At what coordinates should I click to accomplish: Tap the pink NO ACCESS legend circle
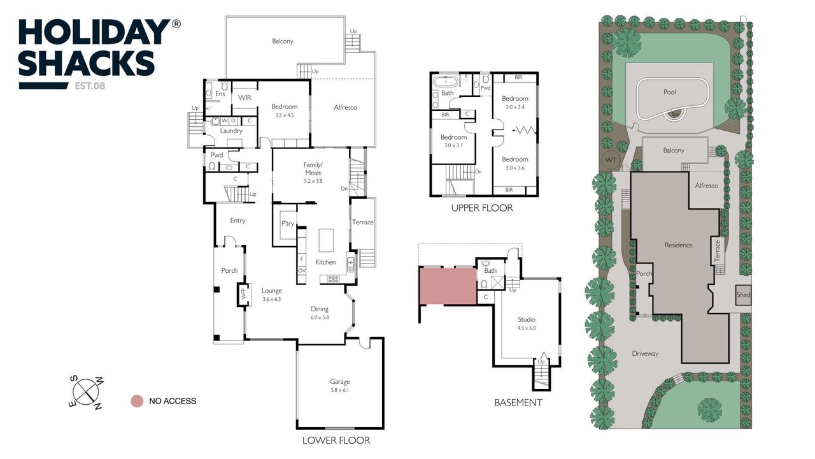(x=137, y=401)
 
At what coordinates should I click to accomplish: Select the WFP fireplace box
(x=243, y=295)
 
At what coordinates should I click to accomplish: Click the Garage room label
(x=340, y=381)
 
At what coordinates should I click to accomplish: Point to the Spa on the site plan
(x=675, y=114)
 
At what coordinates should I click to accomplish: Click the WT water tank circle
(x=611, y=160)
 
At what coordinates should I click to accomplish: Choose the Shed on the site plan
(x=743, y=295)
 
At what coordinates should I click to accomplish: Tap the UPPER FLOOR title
(x=482, y=208)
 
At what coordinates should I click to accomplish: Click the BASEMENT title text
(x=518, y=402)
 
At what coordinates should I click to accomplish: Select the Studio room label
(x=527, y=319)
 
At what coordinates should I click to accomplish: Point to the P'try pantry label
(x=287, y=223)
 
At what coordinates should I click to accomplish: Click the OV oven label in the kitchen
(x=302, y=271)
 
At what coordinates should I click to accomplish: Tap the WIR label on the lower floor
(x=244, y=98)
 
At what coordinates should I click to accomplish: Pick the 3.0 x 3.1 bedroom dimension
(x=453, y=145)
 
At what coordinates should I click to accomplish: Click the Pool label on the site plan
(x=669, y=92)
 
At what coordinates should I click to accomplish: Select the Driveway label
(x=645, y=353)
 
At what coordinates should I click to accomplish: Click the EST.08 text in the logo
(x=90, y=86)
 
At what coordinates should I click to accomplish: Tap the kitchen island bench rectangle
(x=326, y=240)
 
